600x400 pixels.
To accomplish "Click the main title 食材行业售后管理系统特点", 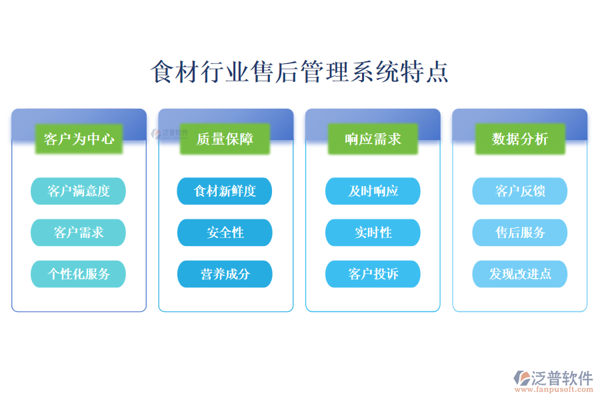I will (300, 72).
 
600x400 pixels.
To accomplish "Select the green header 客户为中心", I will (79, 139).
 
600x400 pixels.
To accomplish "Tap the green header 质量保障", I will (225, 139).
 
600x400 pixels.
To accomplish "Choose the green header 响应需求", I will (373, 139).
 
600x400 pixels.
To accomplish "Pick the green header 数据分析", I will (520, 139).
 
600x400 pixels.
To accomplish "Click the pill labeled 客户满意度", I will (78, 191).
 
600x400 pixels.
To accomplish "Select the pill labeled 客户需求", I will (78, 233).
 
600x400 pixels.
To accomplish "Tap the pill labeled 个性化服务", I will (78, 274).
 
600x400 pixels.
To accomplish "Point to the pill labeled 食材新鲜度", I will (225, 191).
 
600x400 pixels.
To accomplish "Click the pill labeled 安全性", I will (225, 233).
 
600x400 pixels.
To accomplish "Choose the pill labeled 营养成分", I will (225, 274).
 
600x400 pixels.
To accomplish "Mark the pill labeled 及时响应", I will (373, 191).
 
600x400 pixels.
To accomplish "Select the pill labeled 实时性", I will (373, 233).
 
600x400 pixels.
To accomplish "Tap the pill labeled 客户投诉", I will (373, 274).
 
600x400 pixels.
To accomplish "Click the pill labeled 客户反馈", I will (520, 191).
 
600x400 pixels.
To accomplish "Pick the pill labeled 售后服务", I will (520, 233).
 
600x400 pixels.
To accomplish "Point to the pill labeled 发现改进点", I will (520, 274).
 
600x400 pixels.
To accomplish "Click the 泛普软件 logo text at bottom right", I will (561, 378).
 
